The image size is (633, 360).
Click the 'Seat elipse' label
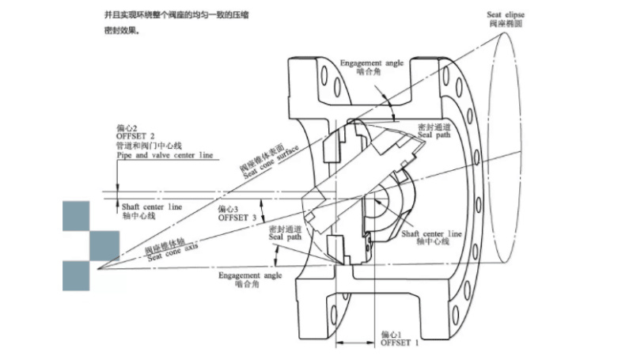click(x=508, y=14)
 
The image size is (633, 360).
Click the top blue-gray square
click(x=77, y=216)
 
